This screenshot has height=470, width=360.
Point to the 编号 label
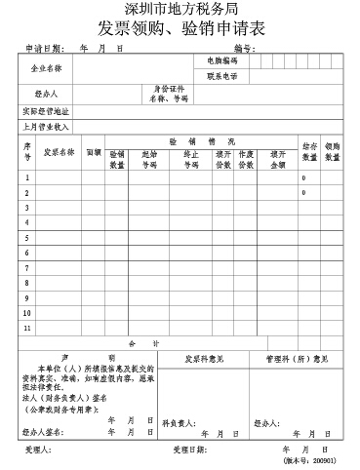pyautogui.click(x=244, y=48)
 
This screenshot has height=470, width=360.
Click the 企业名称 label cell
pyautogui.click(x=46, y=69)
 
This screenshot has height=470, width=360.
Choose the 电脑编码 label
pyautogui.click(x=221, y=61)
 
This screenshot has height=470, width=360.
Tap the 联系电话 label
pyautogui.click(x=221, y=76)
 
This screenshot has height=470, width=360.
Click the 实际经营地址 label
pyautogui.click(x=46, y=111)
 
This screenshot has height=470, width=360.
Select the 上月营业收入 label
pyautogui.click(x=46, y=127)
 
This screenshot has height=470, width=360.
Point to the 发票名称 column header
pyautogui.click(x=60, y=153)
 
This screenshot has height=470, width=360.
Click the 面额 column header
pyautogui.click(x=94, y=153)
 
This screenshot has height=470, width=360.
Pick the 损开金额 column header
pyautogui.click(x=277, y=159)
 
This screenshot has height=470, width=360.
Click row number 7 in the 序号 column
pyautogui.click(x=27, y=268)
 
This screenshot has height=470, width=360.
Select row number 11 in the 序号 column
pyautogui.click(x=27, y=329)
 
